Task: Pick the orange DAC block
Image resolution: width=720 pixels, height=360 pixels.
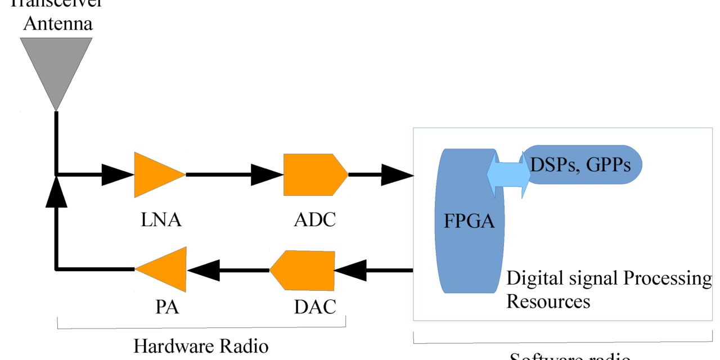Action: coord(304,270)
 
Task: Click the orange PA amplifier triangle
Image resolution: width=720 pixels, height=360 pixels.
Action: coord(166,270)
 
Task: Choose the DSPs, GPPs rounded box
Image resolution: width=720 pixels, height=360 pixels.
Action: coord(585,165)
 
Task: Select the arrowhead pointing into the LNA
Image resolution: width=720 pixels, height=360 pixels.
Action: coord(116,175)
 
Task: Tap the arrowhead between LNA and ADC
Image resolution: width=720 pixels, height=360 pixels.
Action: coord(266,175)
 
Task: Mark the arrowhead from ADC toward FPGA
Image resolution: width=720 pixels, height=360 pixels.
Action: coord(397,175)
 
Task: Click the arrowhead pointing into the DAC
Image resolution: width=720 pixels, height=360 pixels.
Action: coord(350,270)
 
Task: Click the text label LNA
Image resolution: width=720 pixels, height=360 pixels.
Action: coord(161,219)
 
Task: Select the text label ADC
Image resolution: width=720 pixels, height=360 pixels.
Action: coord(315,219)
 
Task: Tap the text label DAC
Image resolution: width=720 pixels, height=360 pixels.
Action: coord(315,307)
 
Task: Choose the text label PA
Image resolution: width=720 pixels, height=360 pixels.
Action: coord(167,307)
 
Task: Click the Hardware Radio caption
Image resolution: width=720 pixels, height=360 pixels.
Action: coord(201,345)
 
